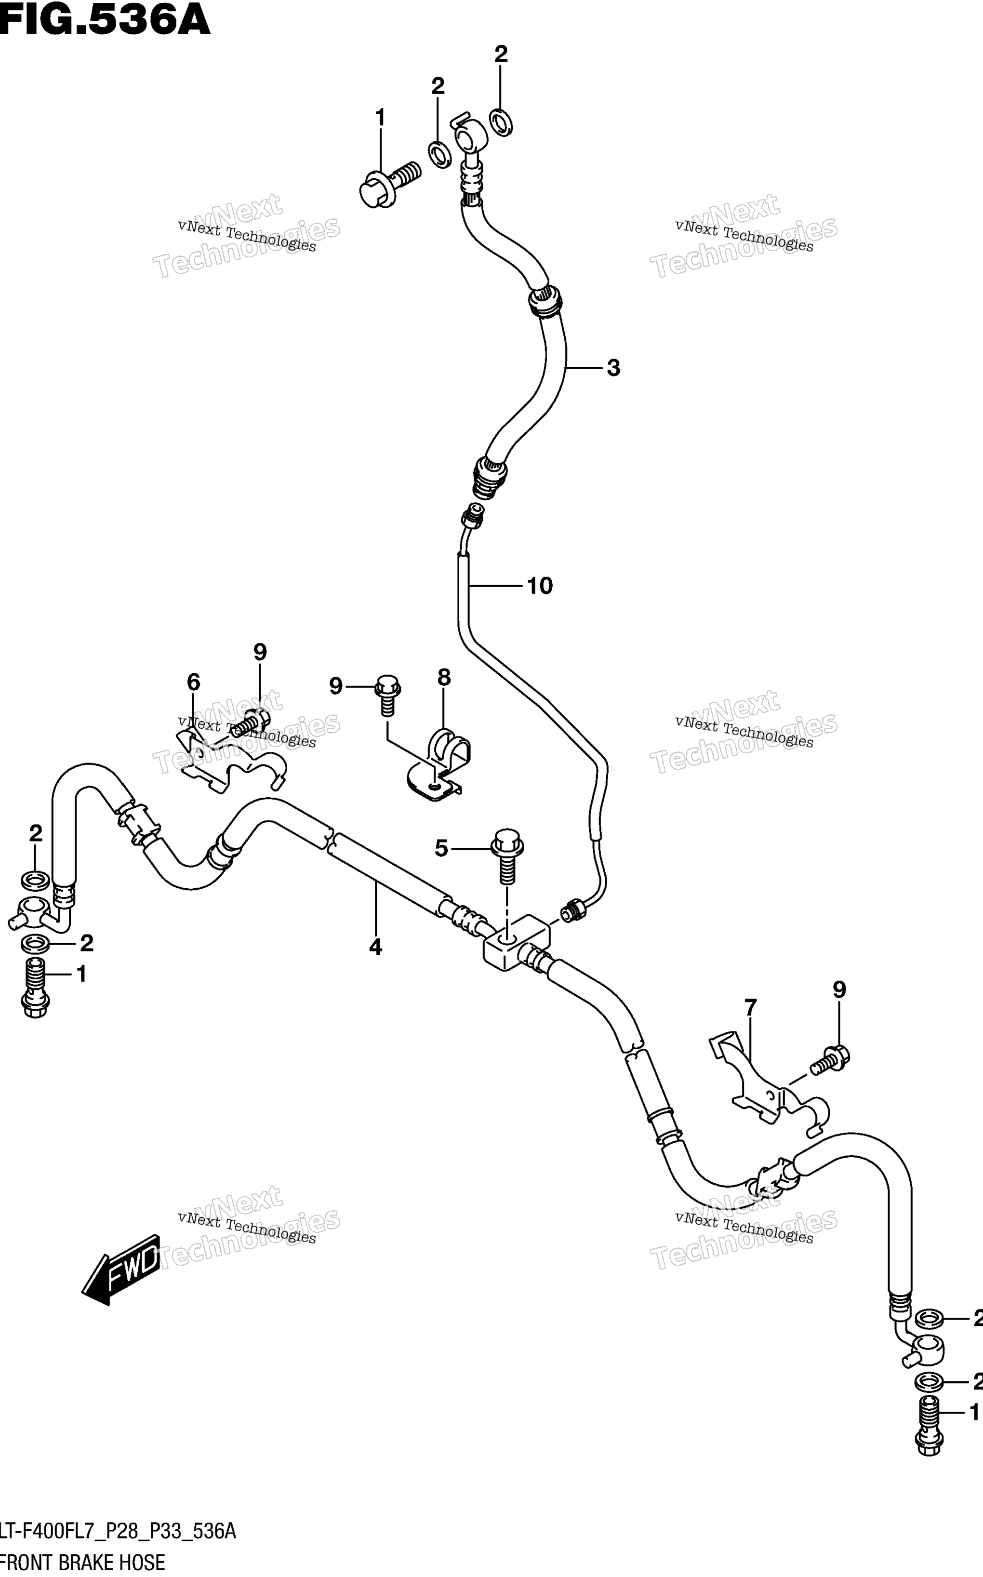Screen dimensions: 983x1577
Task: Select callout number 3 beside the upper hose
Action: point(613,368)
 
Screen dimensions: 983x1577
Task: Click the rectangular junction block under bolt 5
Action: point(517,942)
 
